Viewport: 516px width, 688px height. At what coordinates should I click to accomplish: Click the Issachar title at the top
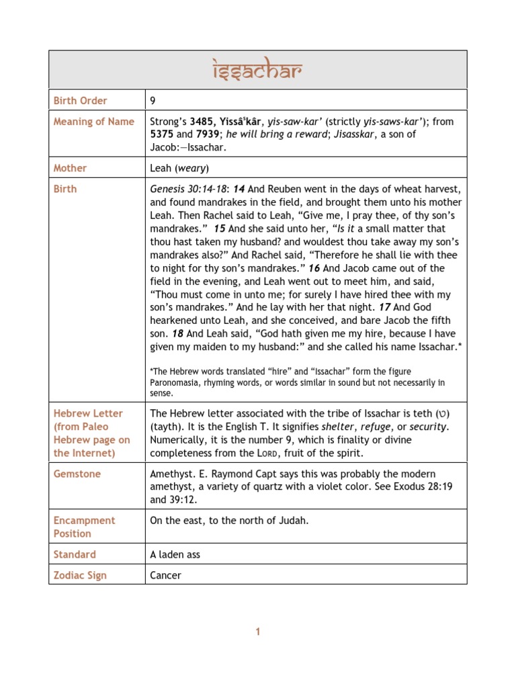click(x=257, y=70)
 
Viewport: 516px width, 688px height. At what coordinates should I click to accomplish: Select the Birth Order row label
click(x=81, y=101)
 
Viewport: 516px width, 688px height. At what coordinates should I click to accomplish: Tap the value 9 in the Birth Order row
click(x=153, y=101)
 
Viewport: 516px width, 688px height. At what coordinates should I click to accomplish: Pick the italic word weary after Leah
click(x=191, y=168)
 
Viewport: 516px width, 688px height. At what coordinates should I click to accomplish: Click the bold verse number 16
click(x=314, y=268)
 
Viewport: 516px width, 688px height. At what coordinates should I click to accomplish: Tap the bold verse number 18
click(x=177, y=334)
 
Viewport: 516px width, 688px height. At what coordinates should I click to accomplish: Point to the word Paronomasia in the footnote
click(x=177, y=382)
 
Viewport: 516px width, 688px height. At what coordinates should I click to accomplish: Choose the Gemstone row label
click(x=77, y=474)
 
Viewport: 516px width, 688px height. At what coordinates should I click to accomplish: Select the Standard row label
click(x=75, y=554)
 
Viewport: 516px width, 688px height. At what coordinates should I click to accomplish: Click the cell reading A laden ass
click(x=175, y=554)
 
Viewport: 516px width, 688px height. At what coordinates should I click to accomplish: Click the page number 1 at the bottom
click(x=257, y=632)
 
